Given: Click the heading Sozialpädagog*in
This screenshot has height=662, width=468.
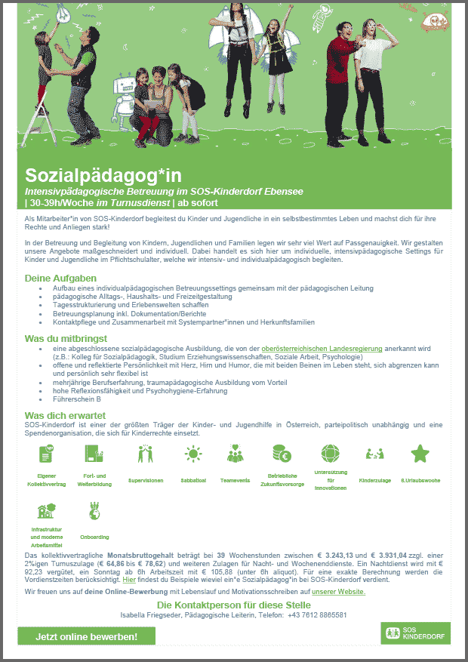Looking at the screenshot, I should pos(103,177).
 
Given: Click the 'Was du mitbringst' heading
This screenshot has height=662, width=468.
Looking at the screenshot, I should pos(66,338).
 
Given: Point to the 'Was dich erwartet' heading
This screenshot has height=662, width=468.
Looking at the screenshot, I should pos(65,415).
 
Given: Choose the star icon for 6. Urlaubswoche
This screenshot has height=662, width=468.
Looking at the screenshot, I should pos(419,454).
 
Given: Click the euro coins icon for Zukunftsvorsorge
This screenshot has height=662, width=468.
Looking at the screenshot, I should pos(282,454).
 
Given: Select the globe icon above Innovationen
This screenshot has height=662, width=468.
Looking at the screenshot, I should pos(331,454).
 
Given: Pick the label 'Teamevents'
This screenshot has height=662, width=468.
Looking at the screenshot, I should pos(236,479).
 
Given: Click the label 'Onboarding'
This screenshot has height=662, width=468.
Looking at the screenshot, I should pos(94,537).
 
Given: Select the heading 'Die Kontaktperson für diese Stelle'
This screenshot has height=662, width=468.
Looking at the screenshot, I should pos(233,605).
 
